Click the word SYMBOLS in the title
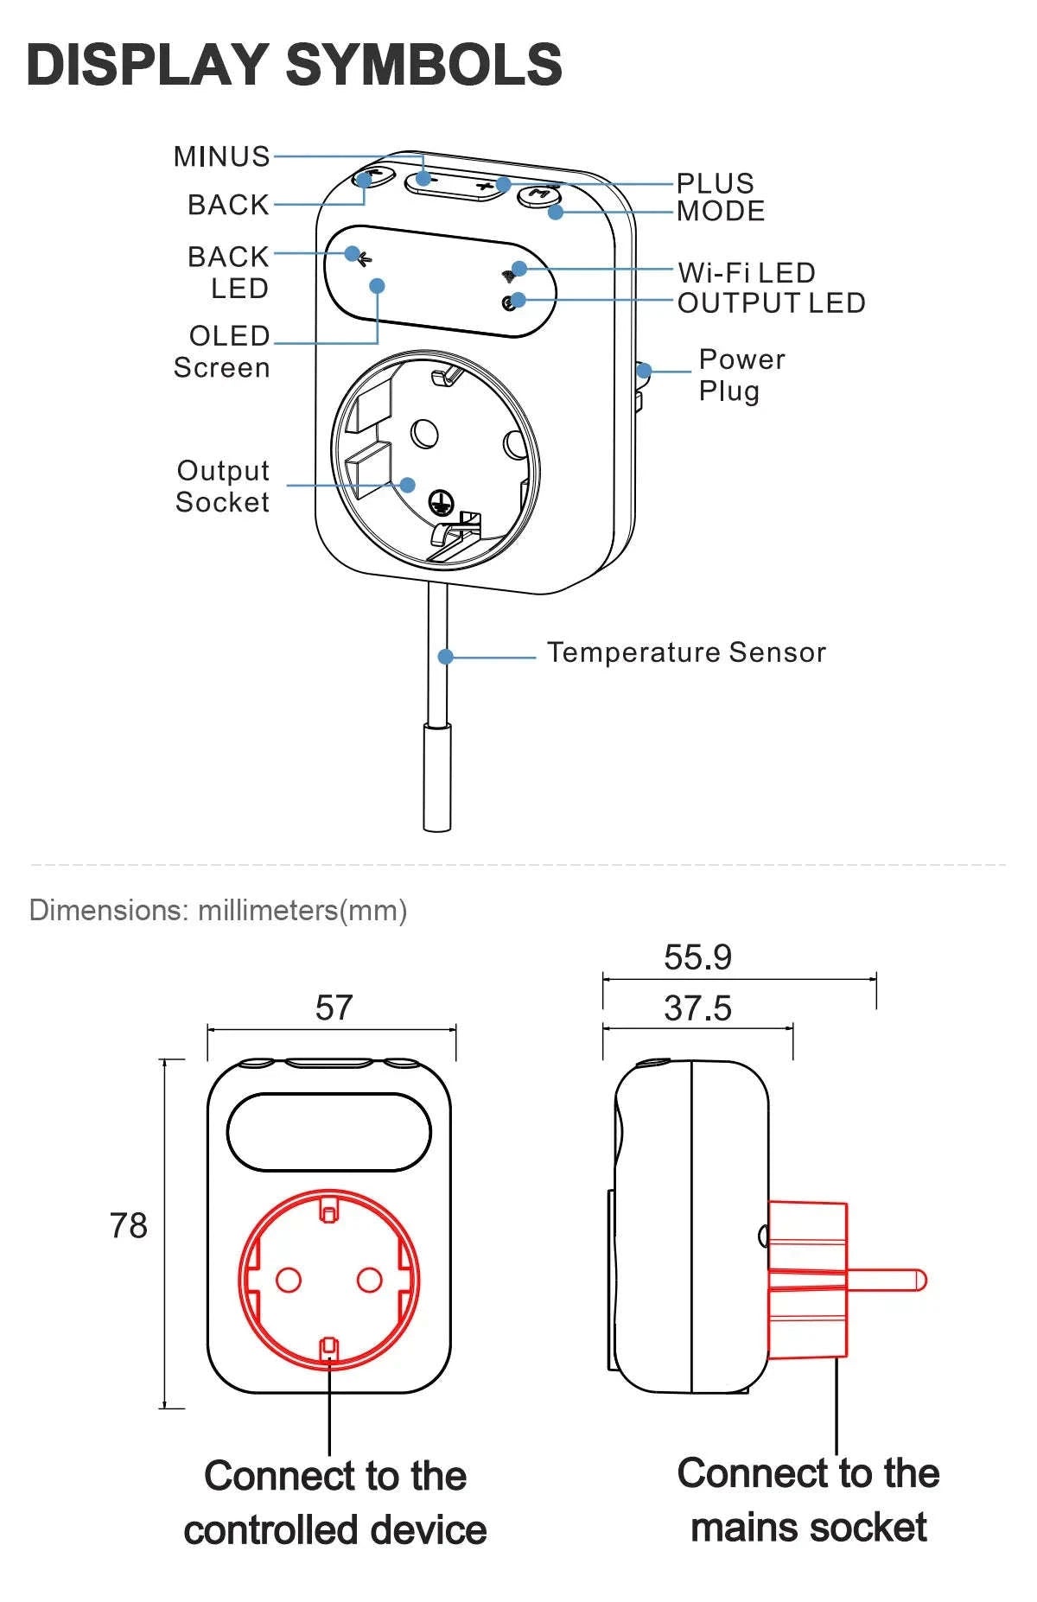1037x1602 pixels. pos(423,65)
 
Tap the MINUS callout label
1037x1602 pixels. pos(222,156)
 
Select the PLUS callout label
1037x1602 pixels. pos(715,183)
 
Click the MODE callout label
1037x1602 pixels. pos(721,211)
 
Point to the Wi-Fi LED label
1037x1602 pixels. pos(747,273)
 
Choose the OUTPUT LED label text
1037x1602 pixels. pos(771,303)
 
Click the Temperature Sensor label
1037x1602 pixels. pos(686,652)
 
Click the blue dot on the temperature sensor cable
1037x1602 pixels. pos(446,657)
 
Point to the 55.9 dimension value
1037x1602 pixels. pos(697,957)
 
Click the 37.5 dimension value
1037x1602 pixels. pos(697,1008)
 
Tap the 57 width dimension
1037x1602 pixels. pos(334,1008)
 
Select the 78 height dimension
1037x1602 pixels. pos(128,1225)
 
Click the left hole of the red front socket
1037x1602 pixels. pos(289,1279)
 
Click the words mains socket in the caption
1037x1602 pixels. pos(809,1528)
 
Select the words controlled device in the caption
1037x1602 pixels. pos(335,1530)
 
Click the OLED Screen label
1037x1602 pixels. pos(223,352)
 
